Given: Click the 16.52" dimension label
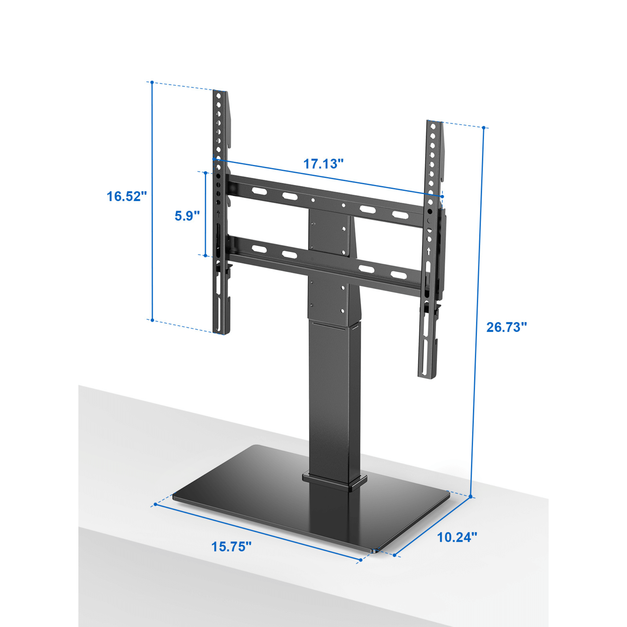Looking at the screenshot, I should [x=127, y=196].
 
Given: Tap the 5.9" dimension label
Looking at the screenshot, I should [x=187, y=215].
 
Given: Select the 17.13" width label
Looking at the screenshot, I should [x=323, y=164].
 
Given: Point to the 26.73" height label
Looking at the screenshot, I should [x=507, y=327].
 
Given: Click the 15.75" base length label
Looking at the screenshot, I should [x=231, y=546].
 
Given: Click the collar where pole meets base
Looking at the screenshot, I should [x=334, y=481].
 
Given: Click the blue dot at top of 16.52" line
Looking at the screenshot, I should [x=152, y=82].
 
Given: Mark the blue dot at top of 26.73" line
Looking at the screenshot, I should [x=483, y=128].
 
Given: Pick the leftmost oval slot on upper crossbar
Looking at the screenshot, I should [x=259, y=191].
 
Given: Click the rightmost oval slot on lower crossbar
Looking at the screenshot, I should [x=398, y=275].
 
